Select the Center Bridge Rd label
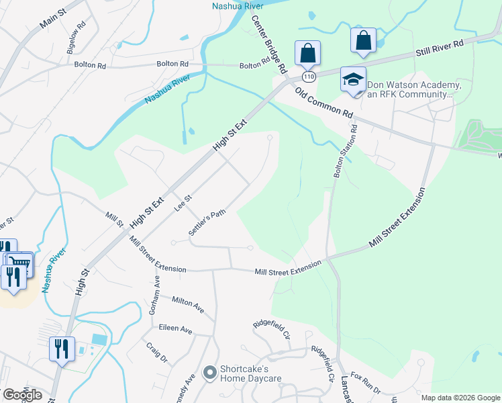269,44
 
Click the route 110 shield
309,77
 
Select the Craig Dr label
157,351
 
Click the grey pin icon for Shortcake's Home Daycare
209,371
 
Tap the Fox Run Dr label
366,386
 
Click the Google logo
22,395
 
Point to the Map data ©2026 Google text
460,398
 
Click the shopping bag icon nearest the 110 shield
307,52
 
